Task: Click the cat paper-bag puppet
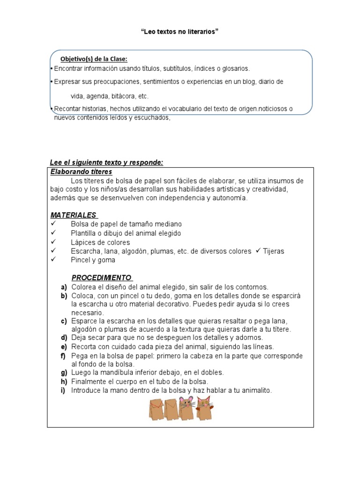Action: (x=203, y=407)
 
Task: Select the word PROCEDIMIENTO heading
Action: (x=101, y=277)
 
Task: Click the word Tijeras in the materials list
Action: (x=274, y=251)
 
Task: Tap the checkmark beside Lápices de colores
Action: (x=53, y=242)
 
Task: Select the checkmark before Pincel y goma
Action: (x=53, y=260)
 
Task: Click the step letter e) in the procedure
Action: (x=64, y=347)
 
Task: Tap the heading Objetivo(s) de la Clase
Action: (x=94, y=59)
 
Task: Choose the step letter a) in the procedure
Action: (x=64, y=287)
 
